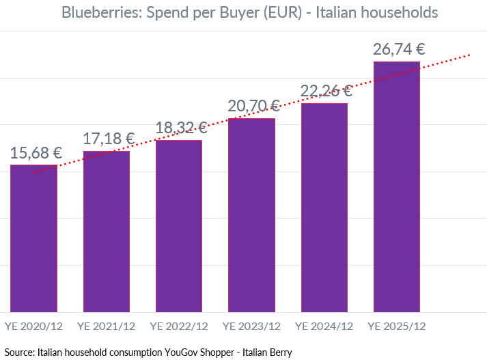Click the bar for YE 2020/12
point(33,238)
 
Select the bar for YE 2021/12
point(107,232)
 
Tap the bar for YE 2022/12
point(179,226)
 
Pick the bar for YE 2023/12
point(251,215)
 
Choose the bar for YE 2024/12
point(324,208)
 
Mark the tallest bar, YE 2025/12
point(397,187)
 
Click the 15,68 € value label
point(36,153)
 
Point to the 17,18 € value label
point(109,139)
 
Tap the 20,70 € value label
point(254,106)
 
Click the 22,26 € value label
point(326,92)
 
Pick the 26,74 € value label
point(399,49)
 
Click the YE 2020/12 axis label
point(33,327)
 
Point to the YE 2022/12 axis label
point(179,327)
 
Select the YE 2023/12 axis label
point(251,327)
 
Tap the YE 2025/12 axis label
point(397,327)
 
